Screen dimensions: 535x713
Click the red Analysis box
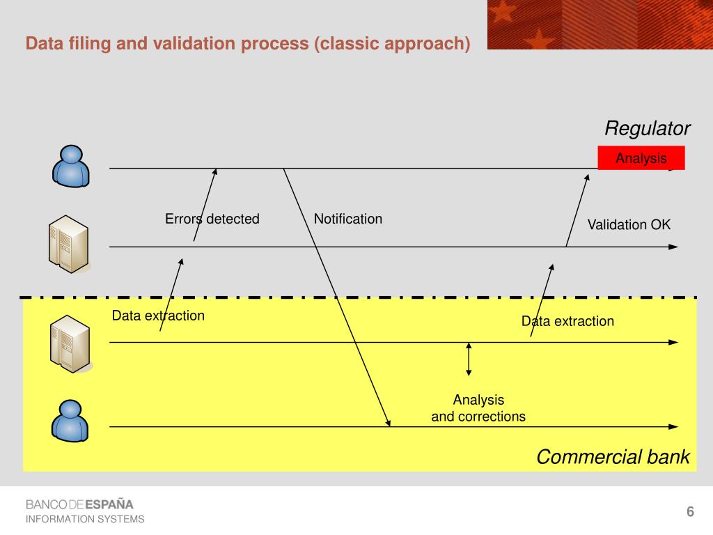pos(641,158)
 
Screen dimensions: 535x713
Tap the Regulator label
pos(647,128)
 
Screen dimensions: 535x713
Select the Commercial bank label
pos(613,457)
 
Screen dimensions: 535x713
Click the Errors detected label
pos(212,219)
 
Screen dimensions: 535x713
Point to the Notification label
pos(347,219)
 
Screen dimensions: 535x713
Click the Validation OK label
pos(629,224)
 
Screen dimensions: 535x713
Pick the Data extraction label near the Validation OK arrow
pos(567,321)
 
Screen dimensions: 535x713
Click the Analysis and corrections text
pos(478,408)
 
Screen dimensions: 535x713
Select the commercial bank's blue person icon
pos(70,420)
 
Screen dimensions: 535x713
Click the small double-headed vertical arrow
pos(469,359)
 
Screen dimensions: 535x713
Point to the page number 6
pos(690,512)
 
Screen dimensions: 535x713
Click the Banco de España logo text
pos(79,504)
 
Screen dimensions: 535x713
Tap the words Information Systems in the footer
pos(85,519)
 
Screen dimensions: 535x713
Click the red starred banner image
pos(600,24)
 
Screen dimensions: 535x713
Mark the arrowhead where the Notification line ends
pos(389,422)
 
